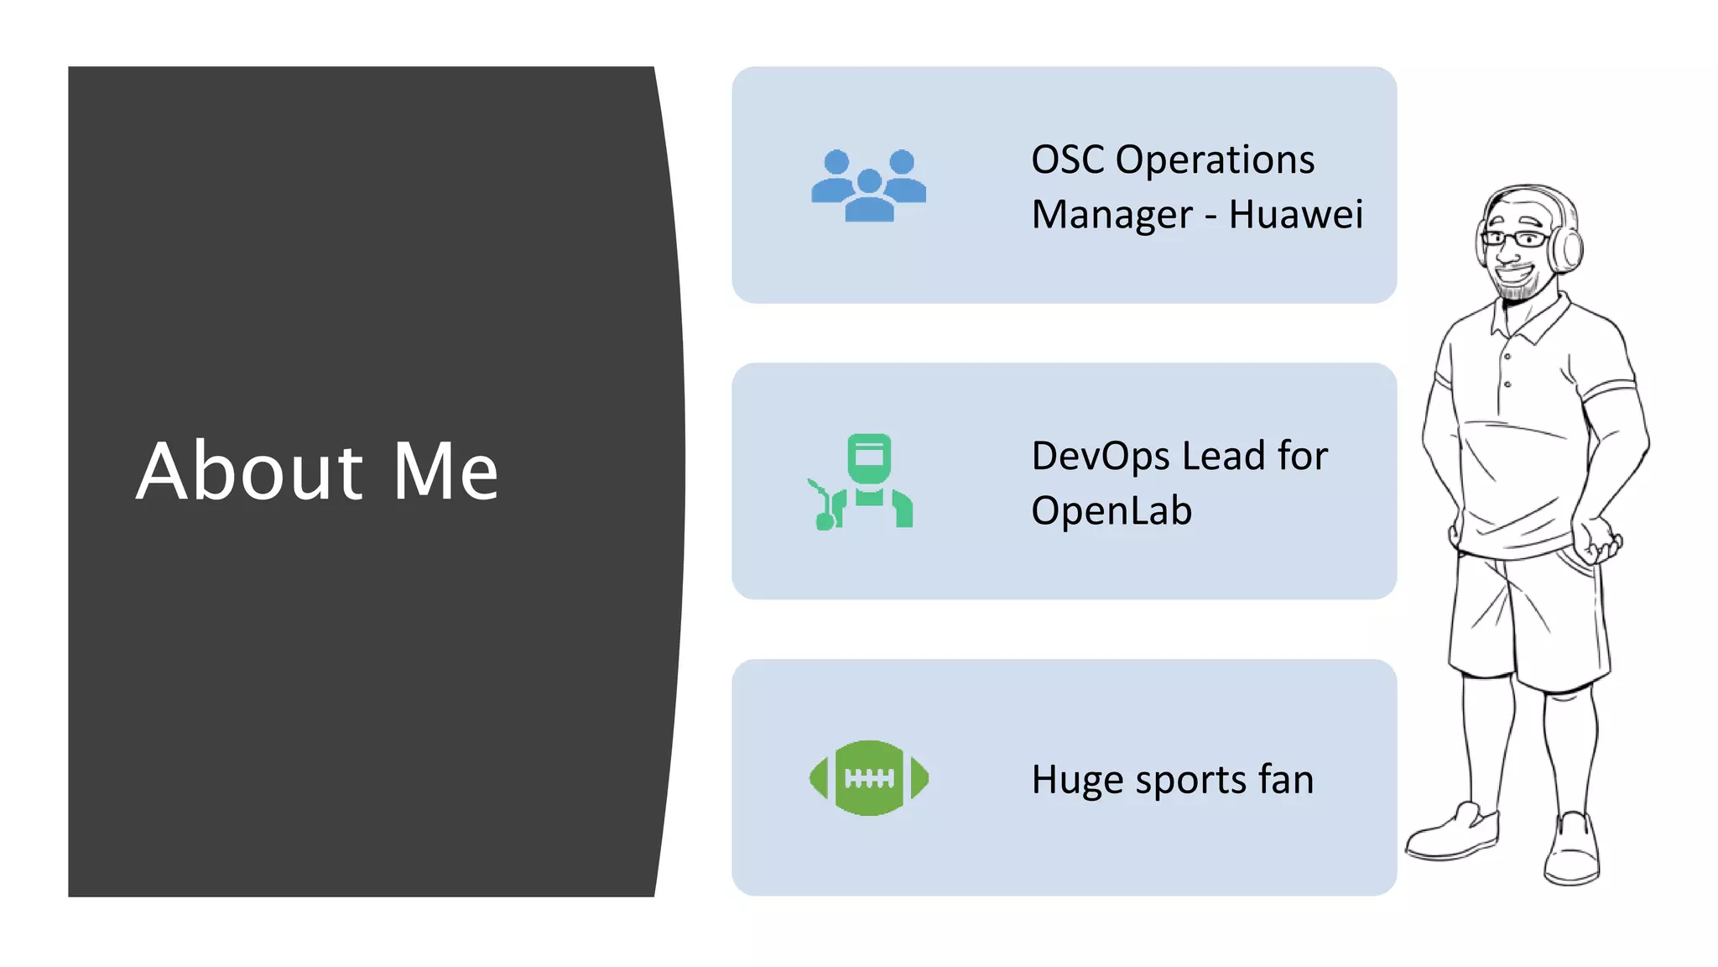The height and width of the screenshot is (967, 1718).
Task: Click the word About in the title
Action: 249,472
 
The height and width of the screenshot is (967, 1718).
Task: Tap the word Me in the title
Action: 445,472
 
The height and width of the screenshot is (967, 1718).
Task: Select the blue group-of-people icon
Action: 868,186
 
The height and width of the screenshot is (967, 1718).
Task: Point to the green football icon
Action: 868,778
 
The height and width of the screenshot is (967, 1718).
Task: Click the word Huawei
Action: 1295,214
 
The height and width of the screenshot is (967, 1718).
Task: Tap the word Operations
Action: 1215,159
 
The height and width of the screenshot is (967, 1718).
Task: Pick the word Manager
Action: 1111,216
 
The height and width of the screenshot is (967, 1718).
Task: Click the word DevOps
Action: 1101,457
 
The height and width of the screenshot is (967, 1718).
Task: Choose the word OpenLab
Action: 1111,511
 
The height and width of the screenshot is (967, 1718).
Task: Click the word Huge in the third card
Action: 1078,781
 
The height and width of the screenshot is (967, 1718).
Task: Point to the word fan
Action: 1285,779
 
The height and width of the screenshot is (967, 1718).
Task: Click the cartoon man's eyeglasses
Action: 1515,239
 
